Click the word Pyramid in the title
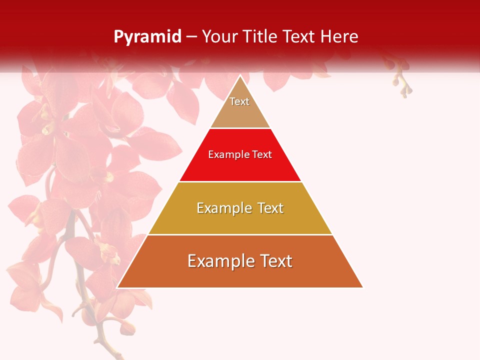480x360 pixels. [x=147, y=37]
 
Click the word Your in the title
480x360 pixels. [x=220, y=37]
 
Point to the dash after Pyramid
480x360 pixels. [x=191, y=37]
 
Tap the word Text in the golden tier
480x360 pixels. [x=267, y=208]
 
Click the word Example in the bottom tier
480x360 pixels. [x=220, y=261]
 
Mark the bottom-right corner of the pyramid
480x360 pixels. [x=362, y=287]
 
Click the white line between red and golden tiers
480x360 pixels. [x=240, y=181]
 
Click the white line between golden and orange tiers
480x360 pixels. [x=240, y=234]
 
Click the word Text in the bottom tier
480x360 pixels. [x=275, y=261]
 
